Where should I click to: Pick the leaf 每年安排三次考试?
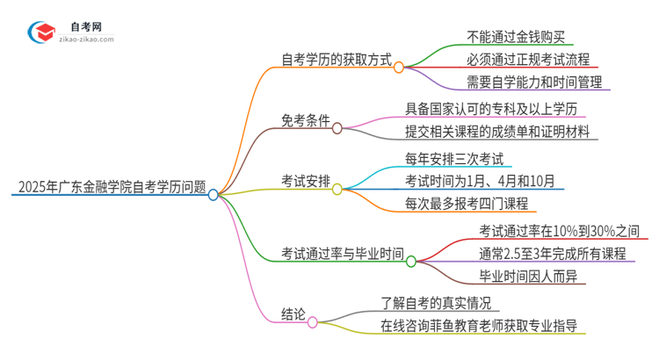[x=453, y=159]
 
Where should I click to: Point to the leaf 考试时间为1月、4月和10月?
[x=480, y=181]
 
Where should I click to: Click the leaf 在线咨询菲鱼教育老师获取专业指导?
[x=479, y=326]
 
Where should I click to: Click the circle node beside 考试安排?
[x=337, y=188]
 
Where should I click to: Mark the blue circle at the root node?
[x=213, y=195]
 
